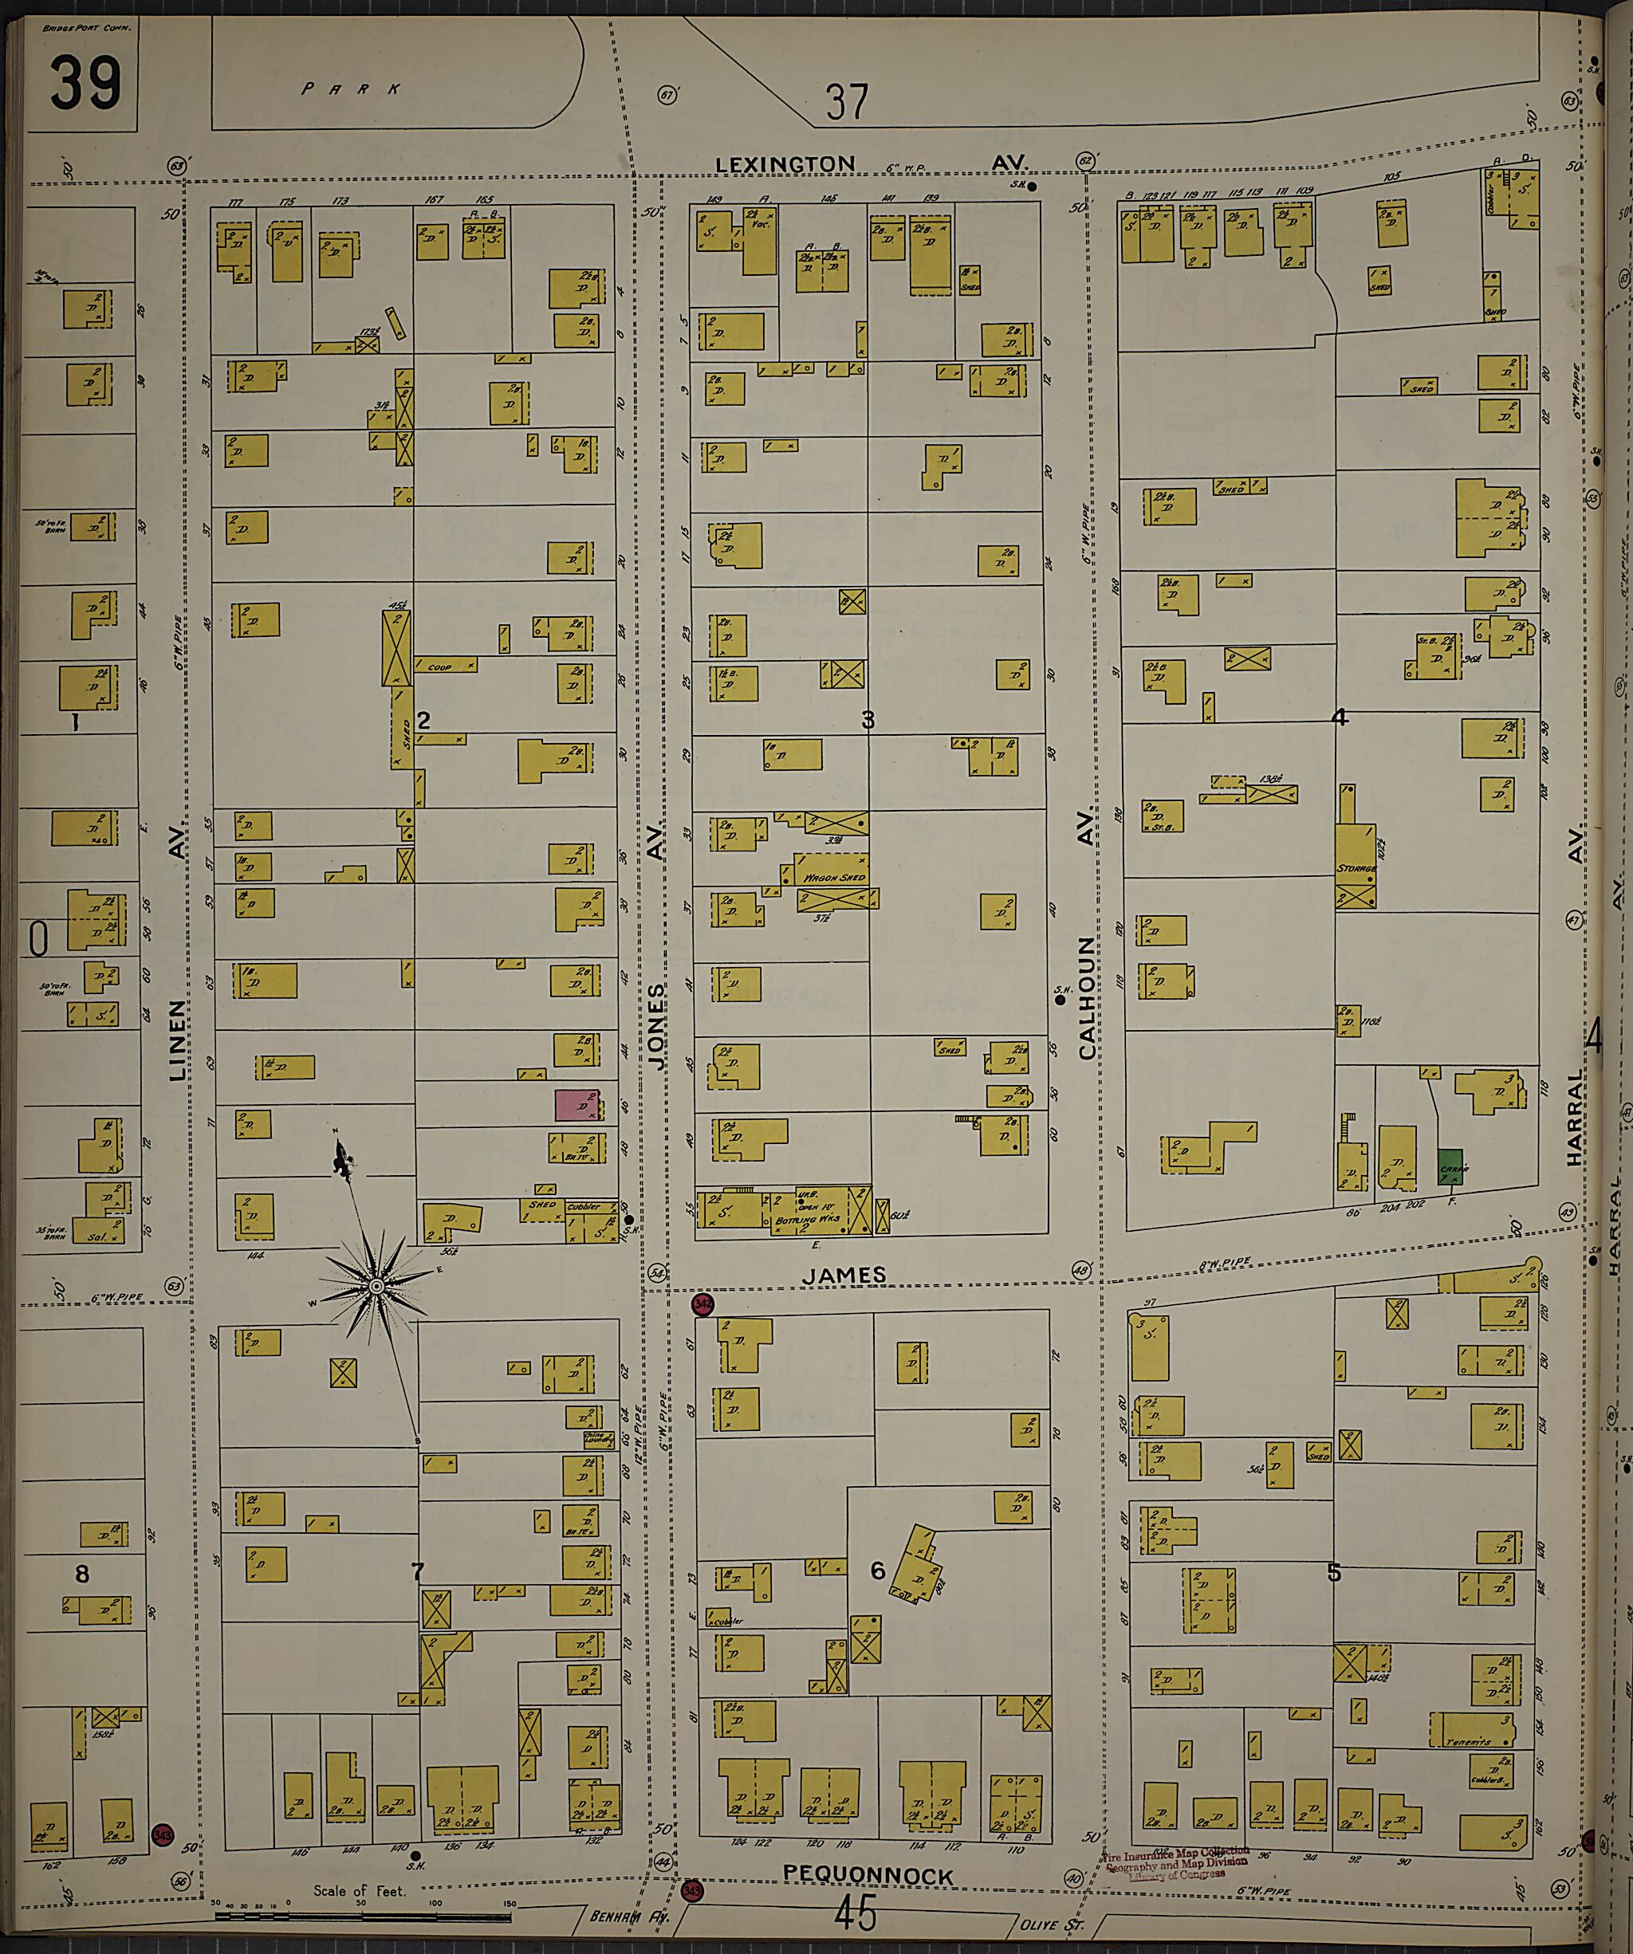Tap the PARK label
[x=352, y=89]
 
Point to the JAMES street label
[x=844, y=1276]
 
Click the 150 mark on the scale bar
[x=508, y=1903]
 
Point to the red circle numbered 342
[x=702, y=1304]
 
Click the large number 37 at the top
[x=847, y=102]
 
